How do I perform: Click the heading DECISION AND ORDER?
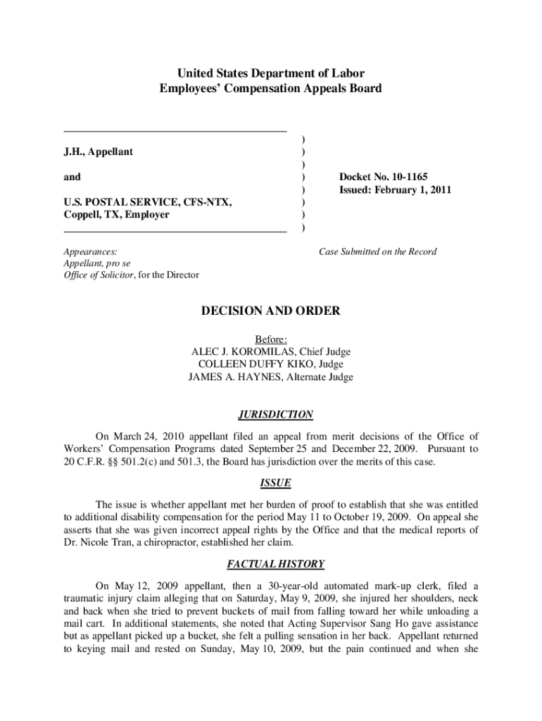pos(271,311)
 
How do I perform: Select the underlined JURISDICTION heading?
pos(271,415)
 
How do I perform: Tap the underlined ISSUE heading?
pos(271,483)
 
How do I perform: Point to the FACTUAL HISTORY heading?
pos(271,564)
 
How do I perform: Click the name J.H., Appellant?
pos(99,151)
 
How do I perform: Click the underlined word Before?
pos(271,339)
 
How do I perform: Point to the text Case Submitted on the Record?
pos(377,251)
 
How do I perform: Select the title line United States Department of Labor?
pos(271,73)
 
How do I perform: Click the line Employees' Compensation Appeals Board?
pos(271,89)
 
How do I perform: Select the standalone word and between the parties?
pos(72,177)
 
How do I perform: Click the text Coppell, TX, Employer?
pos(117,215)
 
